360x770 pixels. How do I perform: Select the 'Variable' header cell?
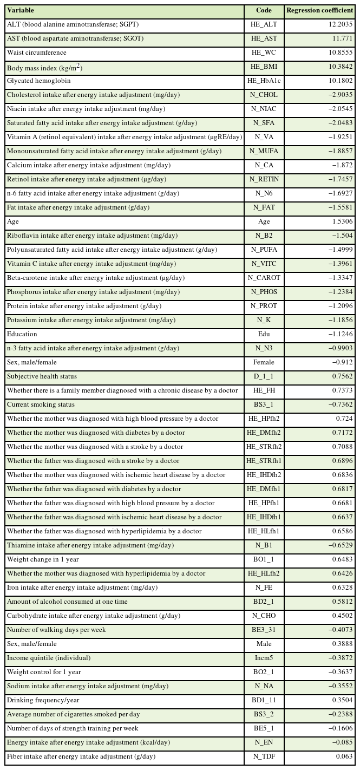pos(20,10)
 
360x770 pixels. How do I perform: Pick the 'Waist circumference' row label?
pos(37,53)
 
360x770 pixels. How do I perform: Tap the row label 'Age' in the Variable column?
pos(12,221)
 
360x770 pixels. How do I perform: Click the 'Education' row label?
pos(22,334)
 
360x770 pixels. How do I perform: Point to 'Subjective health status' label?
pos(42,376)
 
